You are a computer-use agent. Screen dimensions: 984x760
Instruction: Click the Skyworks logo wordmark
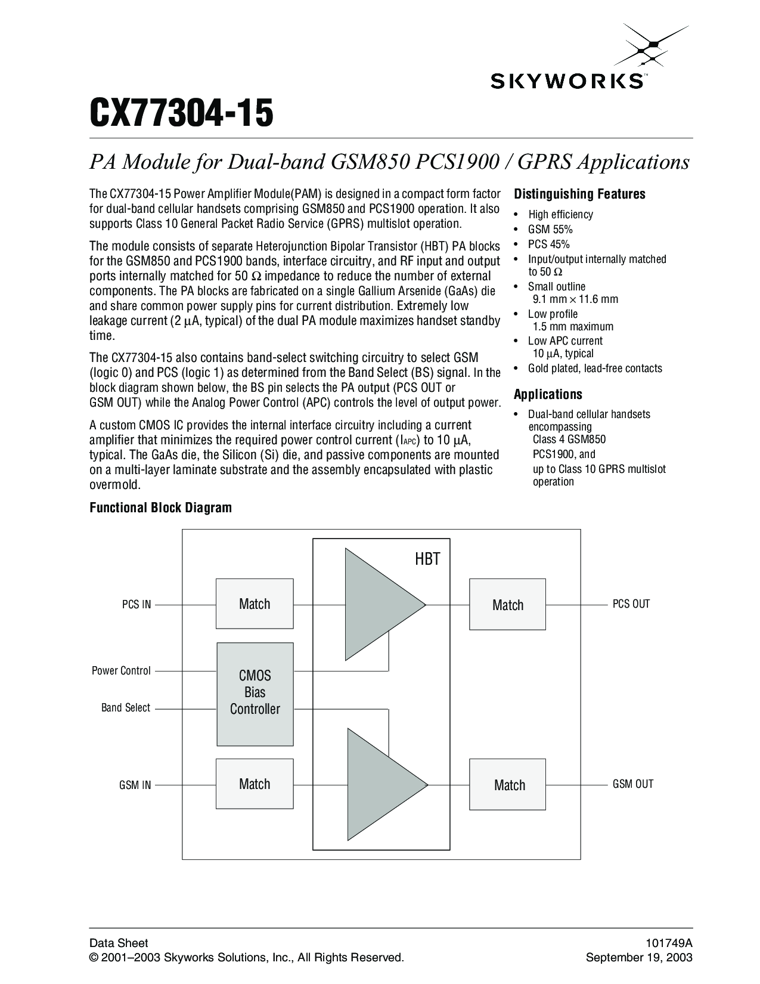click(566, 81)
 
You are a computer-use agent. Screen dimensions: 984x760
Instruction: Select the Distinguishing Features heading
click(579, 194)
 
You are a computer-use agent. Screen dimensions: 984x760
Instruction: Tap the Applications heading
click(548, 394)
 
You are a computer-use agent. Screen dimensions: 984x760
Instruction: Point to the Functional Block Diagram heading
click(160, 508)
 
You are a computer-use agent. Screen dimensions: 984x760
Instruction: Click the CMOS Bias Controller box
click(255, 693)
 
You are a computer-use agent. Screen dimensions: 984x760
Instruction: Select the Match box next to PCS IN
click(255, 604)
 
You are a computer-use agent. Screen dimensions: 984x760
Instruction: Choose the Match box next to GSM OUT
click(508, 785)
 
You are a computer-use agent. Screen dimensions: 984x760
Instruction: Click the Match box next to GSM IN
click(255, 784)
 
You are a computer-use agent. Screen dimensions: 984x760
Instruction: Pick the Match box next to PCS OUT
click(508, 605)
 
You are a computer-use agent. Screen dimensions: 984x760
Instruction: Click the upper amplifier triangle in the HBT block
click(379, 604)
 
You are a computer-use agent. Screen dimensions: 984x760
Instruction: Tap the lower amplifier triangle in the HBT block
click(381, 784)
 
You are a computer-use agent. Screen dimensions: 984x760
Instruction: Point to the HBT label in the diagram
click(427, 559)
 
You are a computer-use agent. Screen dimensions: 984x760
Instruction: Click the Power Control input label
click(121, 671)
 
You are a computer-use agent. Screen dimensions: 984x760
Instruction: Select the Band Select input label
click(126, 708)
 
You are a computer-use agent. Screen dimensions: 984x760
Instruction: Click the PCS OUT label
click(631, 604)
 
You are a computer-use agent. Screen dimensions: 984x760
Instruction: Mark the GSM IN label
click(135, 785)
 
